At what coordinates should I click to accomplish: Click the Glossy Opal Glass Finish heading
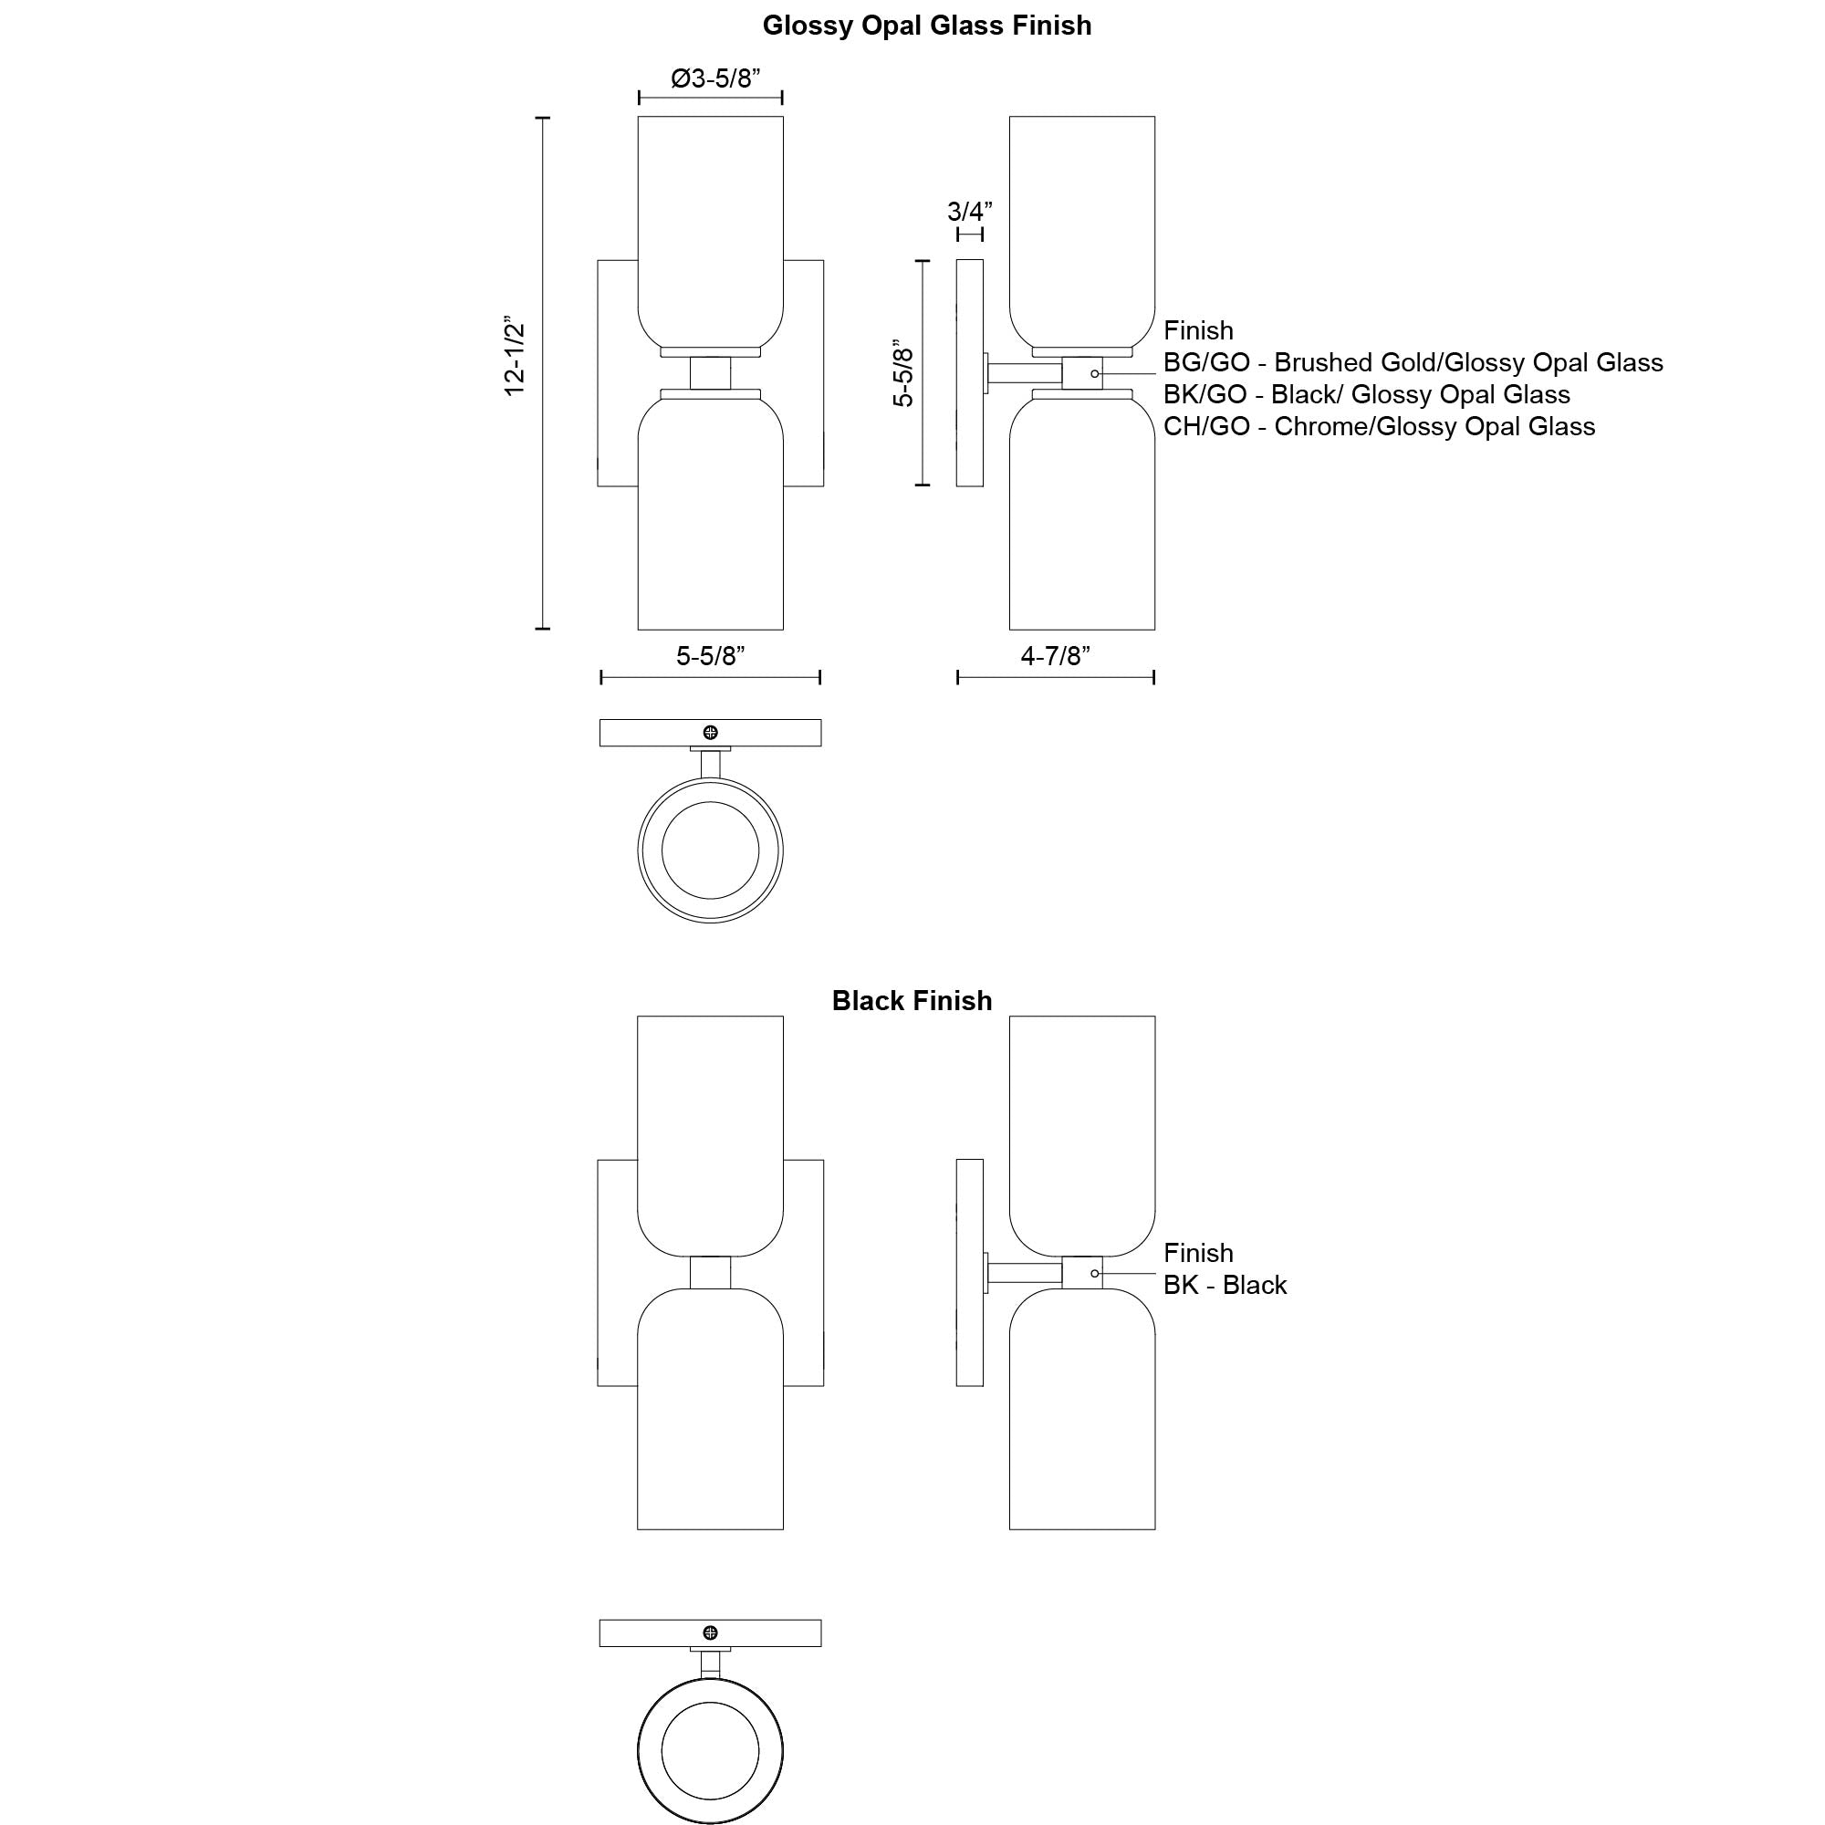click(927, 26)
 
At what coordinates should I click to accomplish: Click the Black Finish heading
click(912, 1000)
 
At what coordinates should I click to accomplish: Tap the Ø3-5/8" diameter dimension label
click(716, 78)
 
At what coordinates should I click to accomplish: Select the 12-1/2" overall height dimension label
click(515, 356)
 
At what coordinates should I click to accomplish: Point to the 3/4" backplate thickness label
click(970, 211)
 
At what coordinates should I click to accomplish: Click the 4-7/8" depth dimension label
click(1055, 655)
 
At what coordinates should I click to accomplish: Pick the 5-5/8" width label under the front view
click(710, 655)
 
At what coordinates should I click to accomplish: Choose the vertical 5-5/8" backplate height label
click(904, 373)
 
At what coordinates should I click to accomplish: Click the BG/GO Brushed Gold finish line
click(1413, 363)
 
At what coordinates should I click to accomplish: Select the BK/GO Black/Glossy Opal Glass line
click(1367, 395)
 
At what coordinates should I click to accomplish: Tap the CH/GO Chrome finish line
click(1379, 427)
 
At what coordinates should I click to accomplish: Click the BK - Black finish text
click(1225, 1285)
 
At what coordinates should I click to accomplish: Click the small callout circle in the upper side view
click(1095, 374)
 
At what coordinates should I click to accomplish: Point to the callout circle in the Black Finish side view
click(1095, 1273)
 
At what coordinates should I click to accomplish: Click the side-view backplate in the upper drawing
click(970, 373)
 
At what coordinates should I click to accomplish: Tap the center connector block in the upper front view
click(710, 373)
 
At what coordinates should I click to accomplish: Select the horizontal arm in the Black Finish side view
click(1025, 1273)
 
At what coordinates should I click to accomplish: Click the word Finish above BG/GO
click(1198, 330)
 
